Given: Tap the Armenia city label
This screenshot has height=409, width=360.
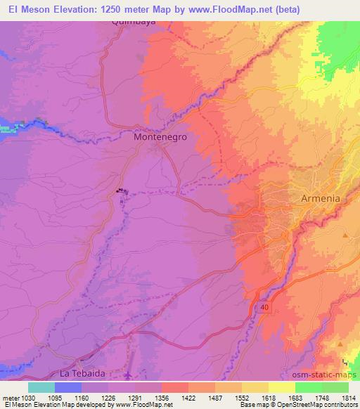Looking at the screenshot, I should pos(320,198).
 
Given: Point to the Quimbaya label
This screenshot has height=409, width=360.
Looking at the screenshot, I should pos(132,21).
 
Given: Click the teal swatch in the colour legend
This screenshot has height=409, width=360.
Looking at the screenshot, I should pos(41,387).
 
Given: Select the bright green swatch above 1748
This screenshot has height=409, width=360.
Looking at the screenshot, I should pos(309,387).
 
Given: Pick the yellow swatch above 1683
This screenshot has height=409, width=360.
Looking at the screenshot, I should pos(282,387).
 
